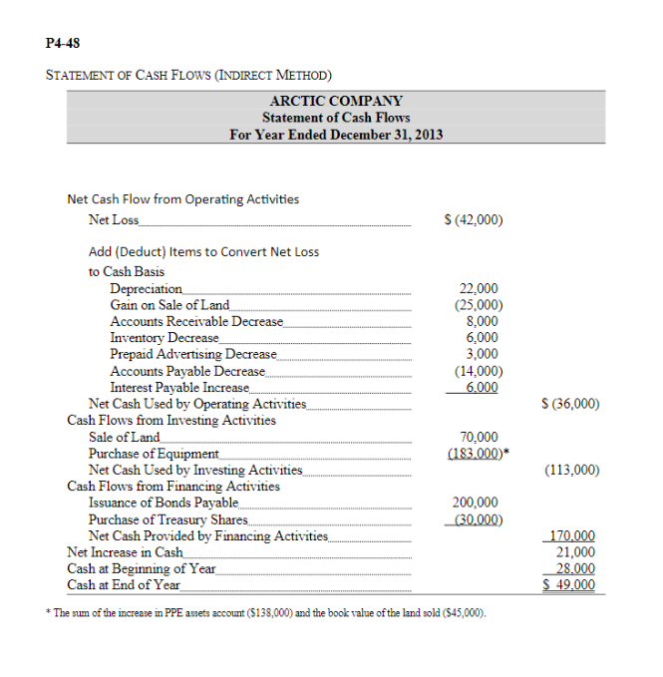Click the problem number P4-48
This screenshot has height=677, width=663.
click(65, 43)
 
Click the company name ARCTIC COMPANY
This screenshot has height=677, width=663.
click(336, 101)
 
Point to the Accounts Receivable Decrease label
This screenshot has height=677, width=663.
click(196, 322)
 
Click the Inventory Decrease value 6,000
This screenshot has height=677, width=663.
click(483, 338)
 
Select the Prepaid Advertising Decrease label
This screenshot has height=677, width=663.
click(192, 354)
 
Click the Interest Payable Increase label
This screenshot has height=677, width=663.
click(180, 387)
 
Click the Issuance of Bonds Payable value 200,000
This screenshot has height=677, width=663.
click(477, 503)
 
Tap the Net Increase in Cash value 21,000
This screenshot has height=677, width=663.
click(575, 551)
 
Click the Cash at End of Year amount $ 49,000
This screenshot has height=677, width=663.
click(571, 584)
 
